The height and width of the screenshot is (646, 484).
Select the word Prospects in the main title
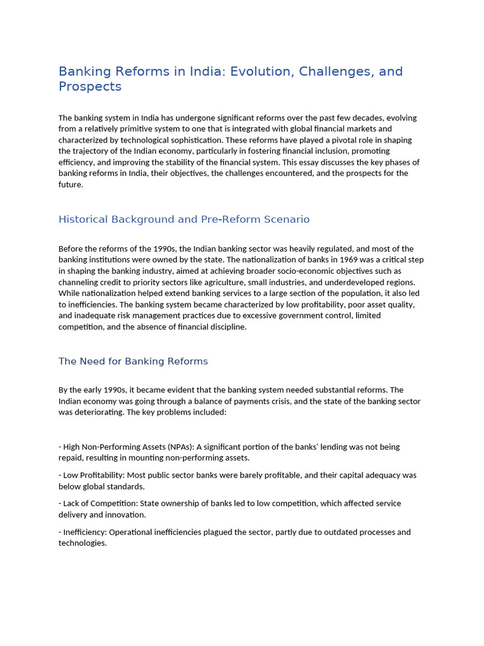(89, 86)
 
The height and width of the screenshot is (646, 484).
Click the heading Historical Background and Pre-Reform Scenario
(184, 220)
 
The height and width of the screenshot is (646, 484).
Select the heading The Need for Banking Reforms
(133, 361)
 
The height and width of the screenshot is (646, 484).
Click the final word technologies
(82, 543)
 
